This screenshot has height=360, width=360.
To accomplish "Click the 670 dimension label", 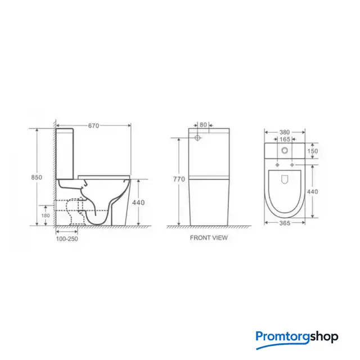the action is [93, 125].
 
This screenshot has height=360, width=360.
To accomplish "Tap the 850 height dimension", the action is [37, 177].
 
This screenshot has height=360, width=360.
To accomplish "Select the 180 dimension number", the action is [46, 215].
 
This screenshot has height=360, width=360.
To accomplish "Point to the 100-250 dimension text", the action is [67, 238].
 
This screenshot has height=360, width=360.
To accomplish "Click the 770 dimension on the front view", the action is [179, 179].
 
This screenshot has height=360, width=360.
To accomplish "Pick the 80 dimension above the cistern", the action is [203, 125].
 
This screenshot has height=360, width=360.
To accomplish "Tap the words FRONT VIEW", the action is [209, 237].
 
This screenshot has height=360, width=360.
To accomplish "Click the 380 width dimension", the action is [285, 132].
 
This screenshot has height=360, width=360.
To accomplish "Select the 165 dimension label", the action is [285, 139].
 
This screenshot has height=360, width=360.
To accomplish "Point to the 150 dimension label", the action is [313, 151].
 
